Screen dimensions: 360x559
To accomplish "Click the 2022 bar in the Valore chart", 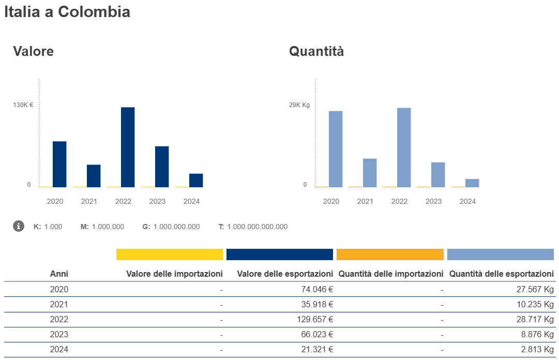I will point(128,147).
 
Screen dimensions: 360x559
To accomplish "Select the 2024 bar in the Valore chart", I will point(196,180).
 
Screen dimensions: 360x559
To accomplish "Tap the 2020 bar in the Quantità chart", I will point(336,149).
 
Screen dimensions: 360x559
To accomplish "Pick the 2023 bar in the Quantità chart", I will point(438,174).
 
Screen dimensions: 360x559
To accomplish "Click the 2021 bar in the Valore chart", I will point(94,176).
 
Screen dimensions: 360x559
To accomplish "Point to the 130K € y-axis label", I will point(23,105).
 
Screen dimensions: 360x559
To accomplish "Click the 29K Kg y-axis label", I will point(299,105).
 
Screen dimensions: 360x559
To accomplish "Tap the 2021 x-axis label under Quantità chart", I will point(365,201).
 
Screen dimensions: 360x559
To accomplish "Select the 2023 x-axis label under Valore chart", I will point(157,201).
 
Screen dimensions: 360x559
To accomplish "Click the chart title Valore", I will point(34,51).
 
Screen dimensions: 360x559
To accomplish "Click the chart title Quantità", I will point(316,51).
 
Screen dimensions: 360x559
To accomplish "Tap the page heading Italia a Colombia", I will point(67,12).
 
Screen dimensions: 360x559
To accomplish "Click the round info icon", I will point(19,226).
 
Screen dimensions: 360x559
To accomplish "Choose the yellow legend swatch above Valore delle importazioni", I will point(170,254).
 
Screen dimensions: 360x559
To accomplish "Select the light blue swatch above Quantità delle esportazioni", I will point(500,254).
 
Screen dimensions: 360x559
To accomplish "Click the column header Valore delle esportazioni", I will point(285,274).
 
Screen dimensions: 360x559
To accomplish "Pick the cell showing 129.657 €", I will point(315,319).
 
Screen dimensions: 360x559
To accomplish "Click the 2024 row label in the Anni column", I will point(59,349).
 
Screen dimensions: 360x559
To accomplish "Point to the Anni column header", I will point(59,274).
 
